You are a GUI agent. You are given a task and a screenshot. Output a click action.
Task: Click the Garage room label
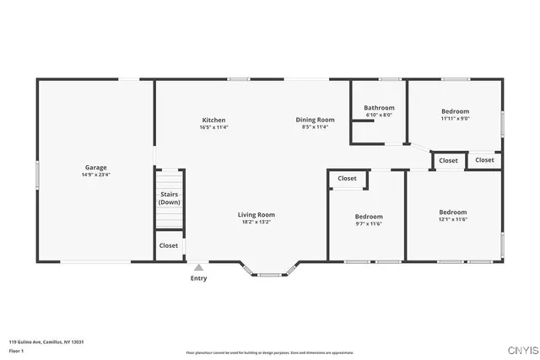[x=95, y=168]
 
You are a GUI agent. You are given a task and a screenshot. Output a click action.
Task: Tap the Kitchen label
[x=213, y=120]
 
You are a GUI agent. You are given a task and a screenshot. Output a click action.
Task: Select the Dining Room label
[x=315, y=120]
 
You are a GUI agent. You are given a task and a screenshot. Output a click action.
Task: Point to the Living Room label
[x=256, y=215]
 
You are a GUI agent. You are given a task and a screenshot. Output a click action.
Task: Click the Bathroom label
[x=379, y=108]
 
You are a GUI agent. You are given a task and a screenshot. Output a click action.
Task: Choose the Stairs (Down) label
[x=170, y=198]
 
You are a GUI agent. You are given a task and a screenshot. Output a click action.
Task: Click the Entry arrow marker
[x=198, y=267]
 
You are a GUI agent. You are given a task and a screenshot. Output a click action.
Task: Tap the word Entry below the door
[x=198, y=278]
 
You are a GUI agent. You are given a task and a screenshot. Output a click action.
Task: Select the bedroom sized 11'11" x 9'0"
[x=455, y=111]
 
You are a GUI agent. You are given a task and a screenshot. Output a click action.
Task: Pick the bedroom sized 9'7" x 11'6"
[x=368, y=217]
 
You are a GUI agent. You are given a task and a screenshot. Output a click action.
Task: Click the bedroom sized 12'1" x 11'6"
[x=452, y=212]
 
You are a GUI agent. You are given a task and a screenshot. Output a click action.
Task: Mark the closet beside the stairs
[x=169, y=245]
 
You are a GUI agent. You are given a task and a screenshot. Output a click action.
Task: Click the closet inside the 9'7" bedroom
[x=347, y=179]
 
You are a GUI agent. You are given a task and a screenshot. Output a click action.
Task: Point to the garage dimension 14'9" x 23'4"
[x=95, y=175]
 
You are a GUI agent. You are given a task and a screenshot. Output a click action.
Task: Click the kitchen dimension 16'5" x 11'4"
[x=213, y=128]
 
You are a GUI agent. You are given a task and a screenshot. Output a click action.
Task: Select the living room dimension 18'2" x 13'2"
[x=256, y=223]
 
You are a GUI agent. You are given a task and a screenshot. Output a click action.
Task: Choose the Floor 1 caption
[x=16, y=350]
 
